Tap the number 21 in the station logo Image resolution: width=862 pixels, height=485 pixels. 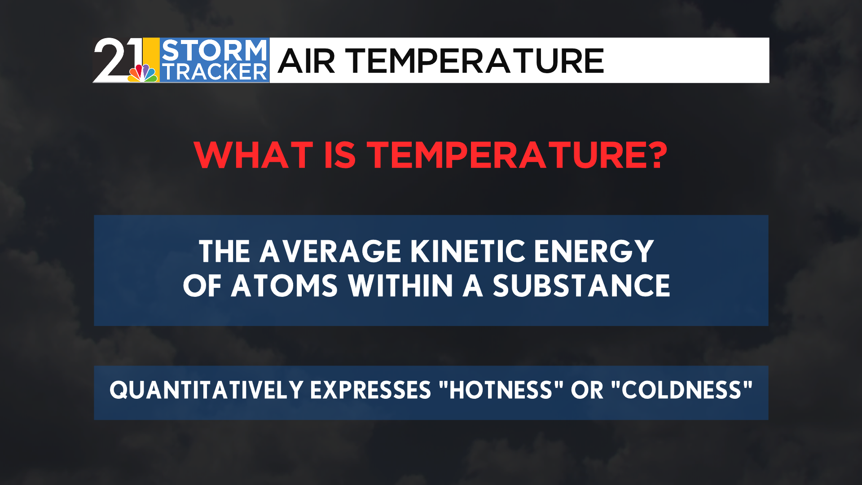coord(118,60)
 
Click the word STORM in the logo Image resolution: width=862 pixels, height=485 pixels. coord(214,50)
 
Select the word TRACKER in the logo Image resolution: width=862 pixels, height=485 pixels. coord(214,72)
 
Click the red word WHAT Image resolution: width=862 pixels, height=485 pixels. coord(254,155)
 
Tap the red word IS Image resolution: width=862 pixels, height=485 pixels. coord(340,155)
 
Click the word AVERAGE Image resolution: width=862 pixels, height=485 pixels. coord(330,251)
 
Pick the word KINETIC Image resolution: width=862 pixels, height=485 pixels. coord(468,251)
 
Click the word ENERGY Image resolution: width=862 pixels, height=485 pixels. coord(594,251)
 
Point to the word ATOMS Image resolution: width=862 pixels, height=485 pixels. coord(284,286)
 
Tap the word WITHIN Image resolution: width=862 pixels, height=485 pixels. coord(400,286)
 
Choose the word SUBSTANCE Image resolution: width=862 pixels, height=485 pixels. coord(581,286)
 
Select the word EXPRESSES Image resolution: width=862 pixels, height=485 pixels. coord(370,390)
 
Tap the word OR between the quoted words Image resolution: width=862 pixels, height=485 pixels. coord(587,390)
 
